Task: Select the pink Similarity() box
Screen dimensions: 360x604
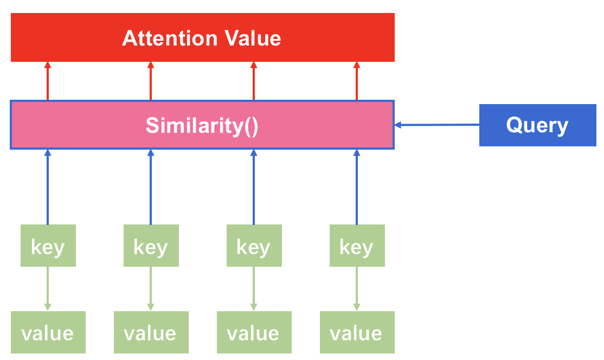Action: click(202, 125)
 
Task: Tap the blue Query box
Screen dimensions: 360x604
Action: click(537, 125)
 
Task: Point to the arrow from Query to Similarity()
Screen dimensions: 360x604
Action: click(436, 125)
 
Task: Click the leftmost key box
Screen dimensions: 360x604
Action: click(48, 246)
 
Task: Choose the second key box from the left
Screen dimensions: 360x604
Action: click(151, 246)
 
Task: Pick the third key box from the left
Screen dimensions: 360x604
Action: click(254, 246)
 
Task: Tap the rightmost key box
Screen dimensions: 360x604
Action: click(357, 246)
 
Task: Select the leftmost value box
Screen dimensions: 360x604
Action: click(48, 332)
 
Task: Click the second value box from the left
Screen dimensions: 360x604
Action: click(151, 332)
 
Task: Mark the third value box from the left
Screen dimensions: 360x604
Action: click(254, 332)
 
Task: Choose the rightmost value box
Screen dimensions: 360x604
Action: click(357, 332)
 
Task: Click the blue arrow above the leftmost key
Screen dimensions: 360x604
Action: click(48, 187)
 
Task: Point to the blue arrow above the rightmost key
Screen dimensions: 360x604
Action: click(357, 187)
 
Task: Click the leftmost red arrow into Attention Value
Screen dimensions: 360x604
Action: click(48, 81)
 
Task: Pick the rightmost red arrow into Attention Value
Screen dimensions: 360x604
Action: click(357, 81)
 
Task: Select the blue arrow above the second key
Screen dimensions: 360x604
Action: click(151, 187)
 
